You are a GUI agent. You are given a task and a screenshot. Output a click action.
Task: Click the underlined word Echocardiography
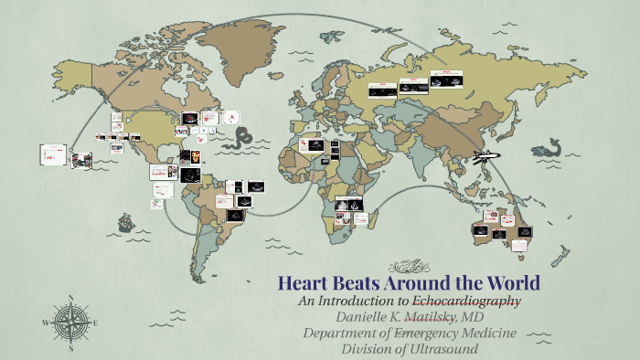coord(466,301)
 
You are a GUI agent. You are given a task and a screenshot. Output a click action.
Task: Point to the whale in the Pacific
coord(548,147)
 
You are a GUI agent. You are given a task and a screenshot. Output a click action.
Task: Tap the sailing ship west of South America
coord(125,222)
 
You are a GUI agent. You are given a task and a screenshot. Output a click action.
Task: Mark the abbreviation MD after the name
coord(472,316)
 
